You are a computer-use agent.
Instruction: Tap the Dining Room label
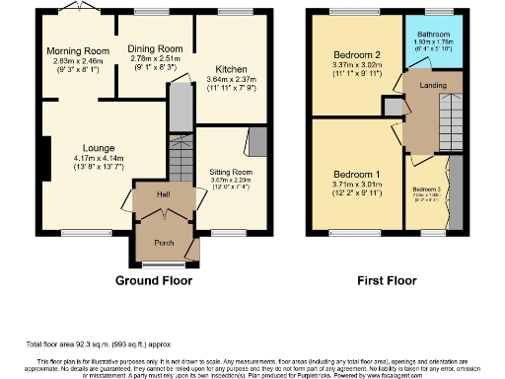click(x=156, y=48)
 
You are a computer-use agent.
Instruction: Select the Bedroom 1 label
click(x=352, y=174)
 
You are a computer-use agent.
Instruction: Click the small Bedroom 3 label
click(x=426, y=189)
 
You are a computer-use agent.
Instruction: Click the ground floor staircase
click(x=179, y=159)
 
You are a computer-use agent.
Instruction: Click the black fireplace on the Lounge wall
click(x=44, y=153)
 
